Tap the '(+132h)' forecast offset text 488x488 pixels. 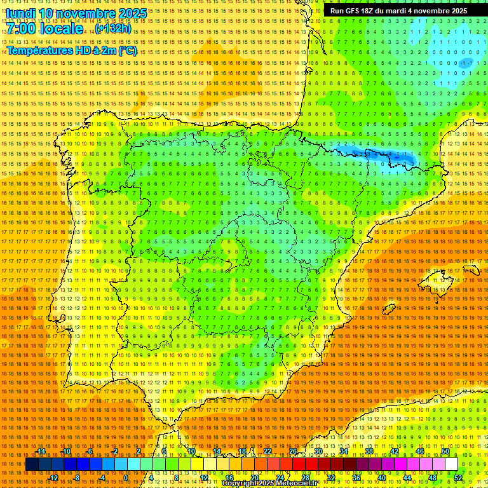pyautogui.click(x=113, y=29)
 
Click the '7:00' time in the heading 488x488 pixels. pyautogui.click(x=21, y=29)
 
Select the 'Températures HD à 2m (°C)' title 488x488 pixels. pyautogui.click(x=71, y=50)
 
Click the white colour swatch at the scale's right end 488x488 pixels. pyautogui.click(x=451, y=464)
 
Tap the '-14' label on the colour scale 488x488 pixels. pyautogui.click(x=41, y=451)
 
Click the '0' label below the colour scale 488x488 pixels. pyautogui.click(x=126, y=478)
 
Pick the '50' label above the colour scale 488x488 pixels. pyautogui.click(x=445, y=451)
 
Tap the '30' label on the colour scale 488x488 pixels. pyautogui.click(x=318, y=451)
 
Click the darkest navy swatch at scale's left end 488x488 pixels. pyautogui.click(x=32, y=464)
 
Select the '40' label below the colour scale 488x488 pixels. pyautogui.click(x=382, y=478)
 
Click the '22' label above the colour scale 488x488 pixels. pyautogui.click(x=268, y=451)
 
